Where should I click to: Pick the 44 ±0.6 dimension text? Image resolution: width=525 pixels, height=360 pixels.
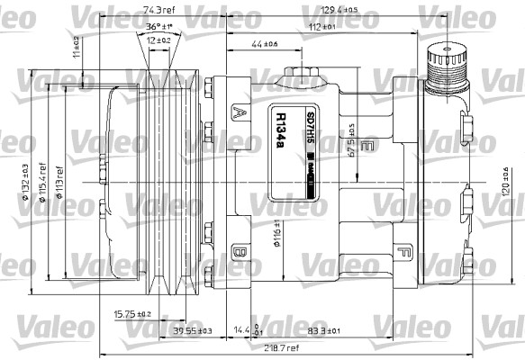coord(264,44)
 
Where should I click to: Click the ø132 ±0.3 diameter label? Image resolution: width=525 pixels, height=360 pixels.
coord(28,181)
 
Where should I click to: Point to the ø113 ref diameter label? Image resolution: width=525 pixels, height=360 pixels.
coord(59,180)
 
